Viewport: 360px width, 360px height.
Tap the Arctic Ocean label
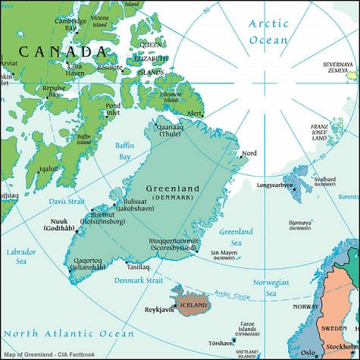pos(269,31)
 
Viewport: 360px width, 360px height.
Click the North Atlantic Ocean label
pos(67,333)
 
